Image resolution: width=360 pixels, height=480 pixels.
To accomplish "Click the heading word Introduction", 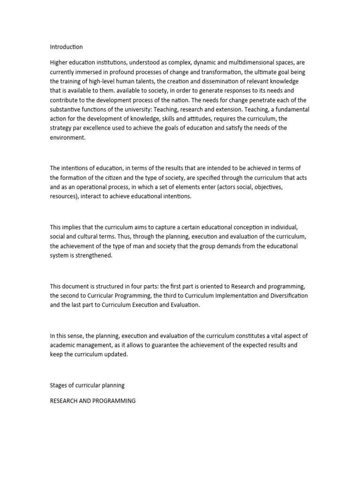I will [x=66, y=47].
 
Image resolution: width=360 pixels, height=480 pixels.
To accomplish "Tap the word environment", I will [x=68, y=138].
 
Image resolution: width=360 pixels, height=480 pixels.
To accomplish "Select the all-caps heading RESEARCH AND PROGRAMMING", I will [x=93, y=401].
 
